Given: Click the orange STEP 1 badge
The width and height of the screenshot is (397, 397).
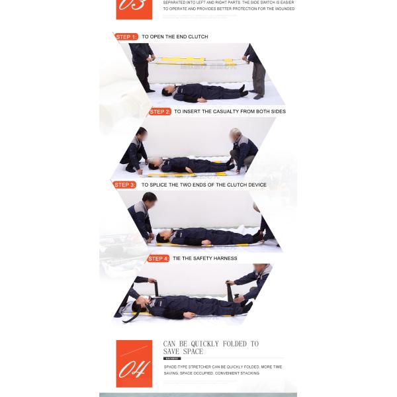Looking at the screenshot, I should (x=126, y=37).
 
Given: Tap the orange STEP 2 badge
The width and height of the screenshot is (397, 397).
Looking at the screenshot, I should (x=159, y=112).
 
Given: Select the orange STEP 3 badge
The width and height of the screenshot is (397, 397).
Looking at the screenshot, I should (x=124, y=185).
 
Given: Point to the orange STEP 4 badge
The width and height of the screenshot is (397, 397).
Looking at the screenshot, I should (x=157, y=259).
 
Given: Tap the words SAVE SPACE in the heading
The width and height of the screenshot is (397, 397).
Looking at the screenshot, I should (x=183, y=351).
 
